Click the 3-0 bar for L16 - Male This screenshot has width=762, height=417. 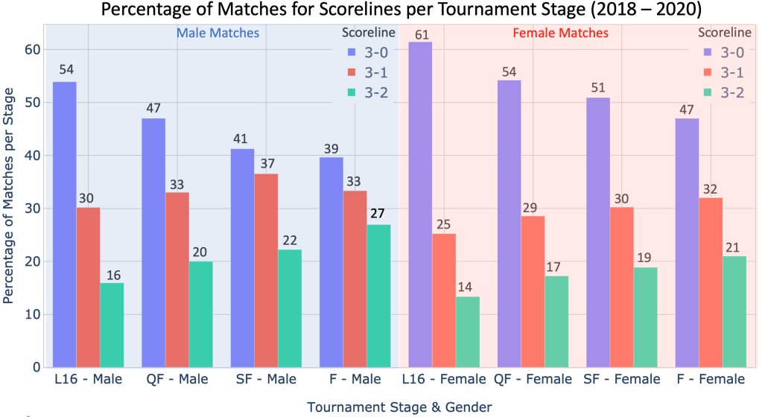pos(64,224)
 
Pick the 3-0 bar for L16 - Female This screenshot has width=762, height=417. pos(420,205)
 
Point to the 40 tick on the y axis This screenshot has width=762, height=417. pos(32,156)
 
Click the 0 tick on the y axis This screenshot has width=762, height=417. pos(36,368)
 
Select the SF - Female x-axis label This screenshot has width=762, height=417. pos(623,380)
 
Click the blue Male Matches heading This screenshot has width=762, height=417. pos(218,34)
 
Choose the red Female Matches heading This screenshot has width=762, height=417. pos(560,34)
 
